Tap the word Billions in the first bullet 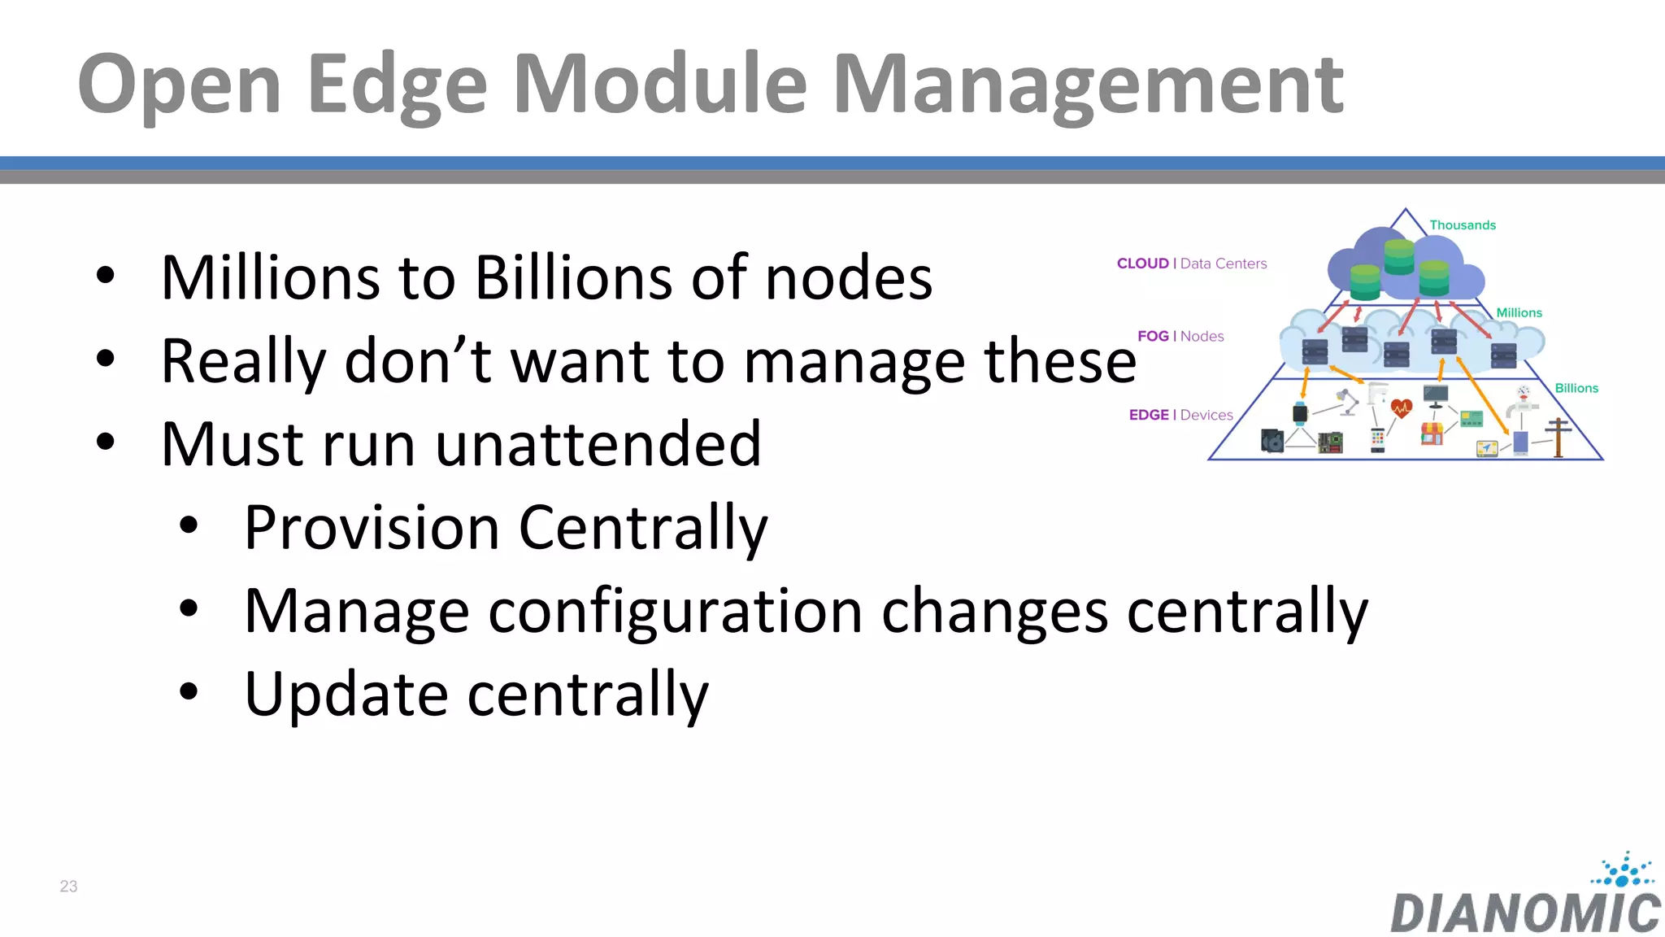pyautogui.click(x=573, y=278)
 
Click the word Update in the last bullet pyautogui.click(x=346, y=695)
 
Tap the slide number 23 pyautogui.click(x=68, y=887)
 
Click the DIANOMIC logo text pyautogui.click(x=1525, y=913)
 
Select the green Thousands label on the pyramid pyautogui.click(x=1462, y=225)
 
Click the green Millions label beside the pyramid pyautogui.click(x=1519, y=313)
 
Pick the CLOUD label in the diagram pyautogui.click(x=1142, y=264)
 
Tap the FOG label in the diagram pyautogui.click(x=1153, y=337)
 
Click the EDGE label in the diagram pyautogui.click(x=1149, y=415)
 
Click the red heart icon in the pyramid pyautogui.click(x=1402, y=407)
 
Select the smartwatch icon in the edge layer pyautogui.click(x=1300, y=413)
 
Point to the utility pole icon pyautogui.click(x=1558, y=437)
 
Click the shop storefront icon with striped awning pyautogui.click(x=1432, y=433)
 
